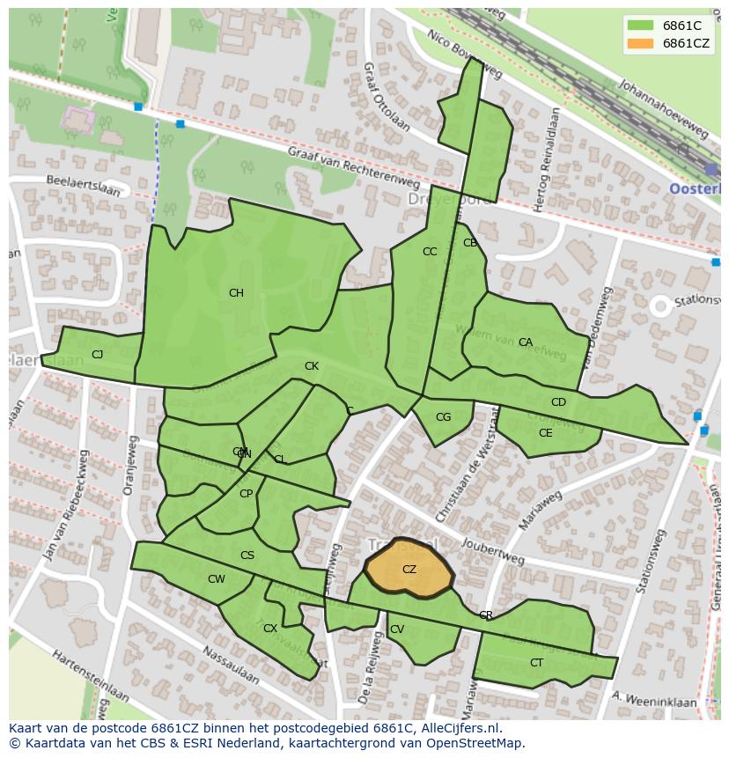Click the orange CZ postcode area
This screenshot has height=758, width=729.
tap(409, 569)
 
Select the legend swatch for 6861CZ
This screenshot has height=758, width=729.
tap(640, 43)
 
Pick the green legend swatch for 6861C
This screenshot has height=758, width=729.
tap(640, 26)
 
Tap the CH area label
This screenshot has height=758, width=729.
tap(236, 293)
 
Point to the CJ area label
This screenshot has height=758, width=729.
tap(97, 355)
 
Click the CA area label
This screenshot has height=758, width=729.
tap(526, 342)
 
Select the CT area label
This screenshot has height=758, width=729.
tap(536, 663)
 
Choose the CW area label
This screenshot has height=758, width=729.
tap(217, 579)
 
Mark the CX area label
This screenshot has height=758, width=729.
tap(270, 629)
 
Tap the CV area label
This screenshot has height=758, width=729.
tap(397, 629)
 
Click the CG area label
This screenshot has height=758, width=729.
tap(443, 417)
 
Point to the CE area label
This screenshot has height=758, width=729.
tap(545, 433)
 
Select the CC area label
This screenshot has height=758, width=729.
tap(430, 252)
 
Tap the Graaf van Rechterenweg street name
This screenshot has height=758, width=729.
tap(353, 166)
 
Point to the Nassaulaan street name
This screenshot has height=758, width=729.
tap(231, 665)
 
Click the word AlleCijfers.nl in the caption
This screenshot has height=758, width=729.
tap(458, 728)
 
